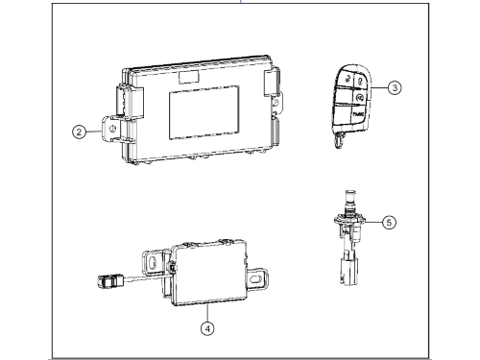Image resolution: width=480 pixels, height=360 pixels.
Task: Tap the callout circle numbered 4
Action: click(208, 325)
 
